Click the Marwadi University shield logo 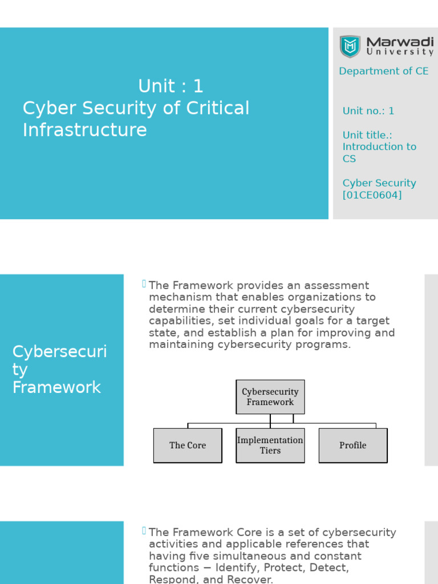point(350,46)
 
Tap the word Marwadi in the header point(399,42)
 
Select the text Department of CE point(383,71)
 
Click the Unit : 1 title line point(171,86)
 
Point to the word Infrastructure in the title point(84,130)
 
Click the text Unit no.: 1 point(368,111)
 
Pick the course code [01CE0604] point(372,195)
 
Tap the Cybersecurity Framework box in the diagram point(270,397)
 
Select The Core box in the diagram point(188,445)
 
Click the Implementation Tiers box point(270,445)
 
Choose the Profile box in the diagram point(353,445)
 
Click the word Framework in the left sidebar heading point(56,388)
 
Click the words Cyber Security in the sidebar point(379,183)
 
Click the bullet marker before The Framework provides point(144,283)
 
